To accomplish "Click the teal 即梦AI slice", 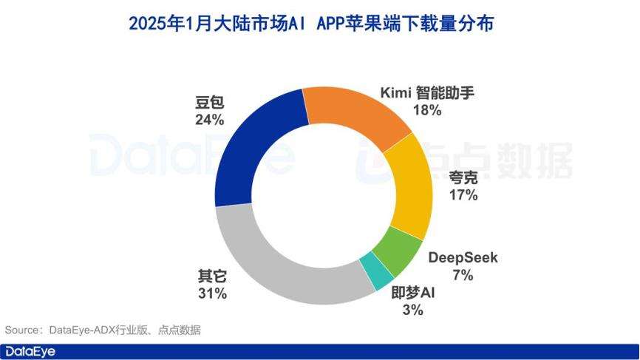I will tap(378, 274).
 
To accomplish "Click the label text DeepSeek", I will tap(463, 258).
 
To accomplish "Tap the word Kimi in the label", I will tap(395, 93).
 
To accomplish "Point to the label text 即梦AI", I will tap(413, 293).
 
